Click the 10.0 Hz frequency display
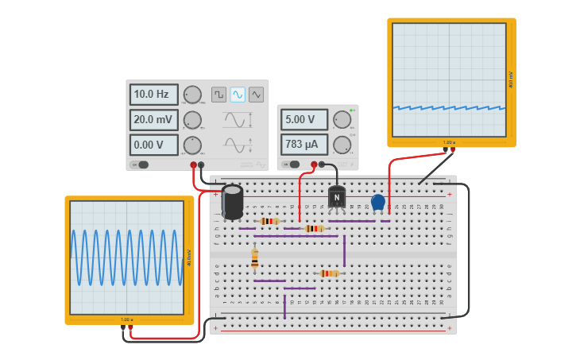(x=153, y=95)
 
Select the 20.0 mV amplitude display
(x=153, y=120)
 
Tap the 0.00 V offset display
(x=153, y=145)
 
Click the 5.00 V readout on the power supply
(x=303, y=119)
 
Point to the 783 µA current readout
(x=303, y=144)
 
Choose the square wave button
(x=218, y=95)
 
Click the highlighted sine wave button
(x=238, y=95)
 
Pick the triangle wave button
(x=256, y=95)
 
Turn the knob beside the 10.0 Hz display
(x=193, y=95)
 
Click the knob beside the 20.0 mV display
(x=193, y=120)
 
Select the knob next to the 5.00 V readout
(x=342, y=119)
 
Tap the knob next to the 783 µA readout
(x=342, y=144)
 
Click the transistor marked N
(x=337, y=197)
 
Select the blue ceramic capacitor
(x=378, y=202)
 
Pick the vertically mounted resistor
(x=254, y=259)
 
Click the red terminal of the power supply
(x=314, y=165)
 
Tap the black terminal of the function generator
(x=201, y=165)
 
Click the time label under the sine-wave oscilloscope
(x=127, y=319)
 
